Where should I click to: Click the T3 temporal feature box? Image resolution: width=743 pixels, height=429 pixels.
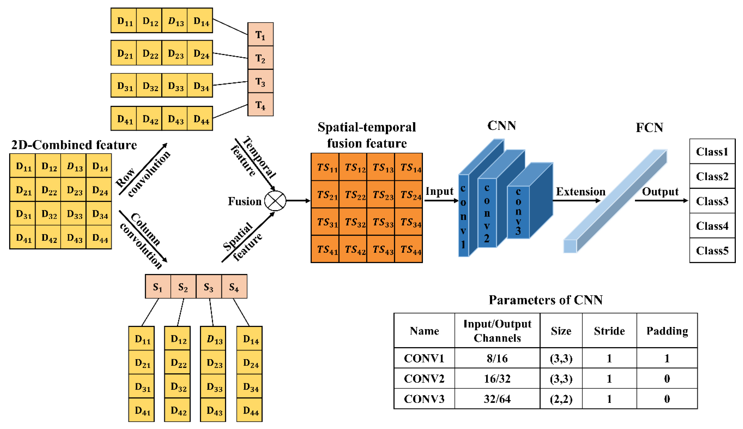point(260,81)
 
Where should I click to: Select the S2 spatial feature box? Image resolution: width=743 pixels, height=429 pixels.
point(183,286)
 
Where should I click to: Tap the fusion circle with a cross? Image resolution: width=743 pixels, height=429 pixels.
point(275,201)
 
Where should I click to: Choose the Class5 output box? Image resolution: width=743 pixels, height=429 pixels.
point(712,251)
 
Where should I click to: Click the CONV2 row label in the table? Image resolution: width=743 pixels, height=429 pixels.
point(424,378)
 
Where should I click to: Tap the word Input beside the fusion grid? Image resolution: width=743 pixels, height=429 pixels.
point(439,191)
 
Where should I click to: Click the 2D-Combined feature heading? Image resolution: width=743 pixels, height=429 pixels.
point(74,145)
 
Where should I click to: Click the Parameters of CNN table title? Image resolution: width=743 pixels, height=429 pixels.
point(545,300)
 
